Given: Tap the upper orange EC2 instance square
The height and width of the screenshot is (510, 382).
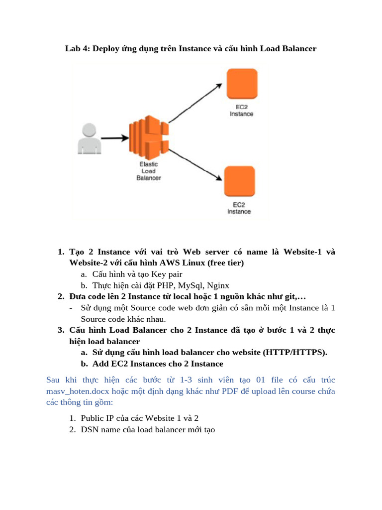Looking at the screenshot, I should (x=242, y=84).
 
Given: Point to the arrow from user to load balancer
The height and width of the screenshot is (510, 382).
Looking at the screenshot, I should (x=114, y=138).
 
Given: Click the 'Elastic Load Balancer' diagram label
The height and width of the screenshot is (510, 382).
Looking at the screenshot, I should (x=148, y=171).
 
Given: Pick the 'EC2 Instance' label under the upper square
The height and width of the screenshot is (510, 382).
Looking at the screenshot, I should (x=241, y=111).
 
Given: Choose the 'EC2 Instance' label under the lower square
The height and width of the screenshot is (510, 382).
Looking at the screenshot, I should (x=239, y=208).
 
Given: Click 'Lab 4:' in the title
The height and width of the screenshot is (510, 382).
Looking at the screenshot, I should (x=77, y=49).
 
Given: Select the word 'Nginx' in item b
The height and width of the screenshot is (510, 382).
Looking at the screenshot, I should (x=219, y=285).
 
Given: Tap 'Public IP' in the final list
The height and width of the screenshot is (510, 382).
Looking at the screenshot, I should (x=97, y=418).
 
